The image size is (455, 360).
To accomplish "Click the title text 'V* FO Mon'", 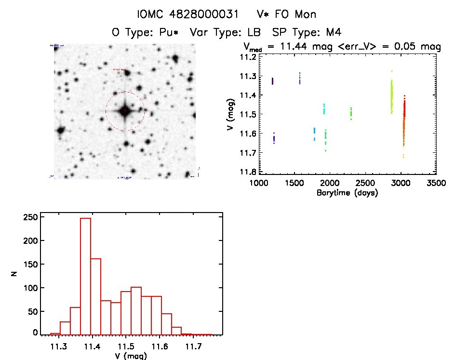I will tap(287, 14).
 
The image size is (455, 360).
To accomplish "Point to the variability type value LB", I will tap(254, 33).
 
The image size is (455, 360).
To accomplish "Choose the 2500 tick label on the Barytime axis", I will tap(366, 184).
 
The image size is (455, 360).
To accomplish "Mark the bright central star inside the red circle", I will tap(125, 111).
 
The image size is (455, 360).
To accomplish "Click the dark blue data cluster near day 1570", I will tap(300, 78).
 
